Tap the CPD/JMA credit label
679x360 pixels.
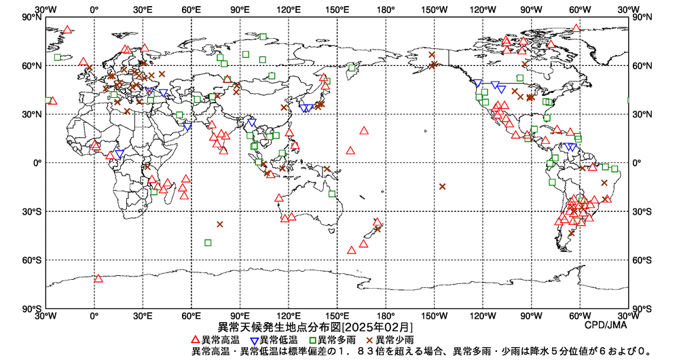tap(606, 326)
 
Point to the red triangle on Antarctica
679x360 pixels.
tap(98, 278)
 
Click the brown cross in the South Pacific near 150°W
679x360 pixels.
tap(442, 186)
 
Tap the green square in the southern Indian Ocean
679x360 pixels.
tap(208, 242)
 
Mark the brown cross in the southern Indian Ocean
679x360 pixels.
tap(219, 224)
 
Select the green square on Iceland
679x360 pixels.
tap(58, 57)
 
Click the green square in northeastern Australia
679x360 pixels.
tap(332, 194)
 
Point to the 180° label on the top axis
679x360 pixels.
tap(386, 10)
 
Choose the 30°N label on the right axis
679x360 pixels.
tap(642, 114)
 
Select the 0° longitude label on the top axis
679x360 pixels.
tap(94, 10)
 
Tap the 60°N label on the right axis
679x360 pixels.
tap(642, 66)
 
